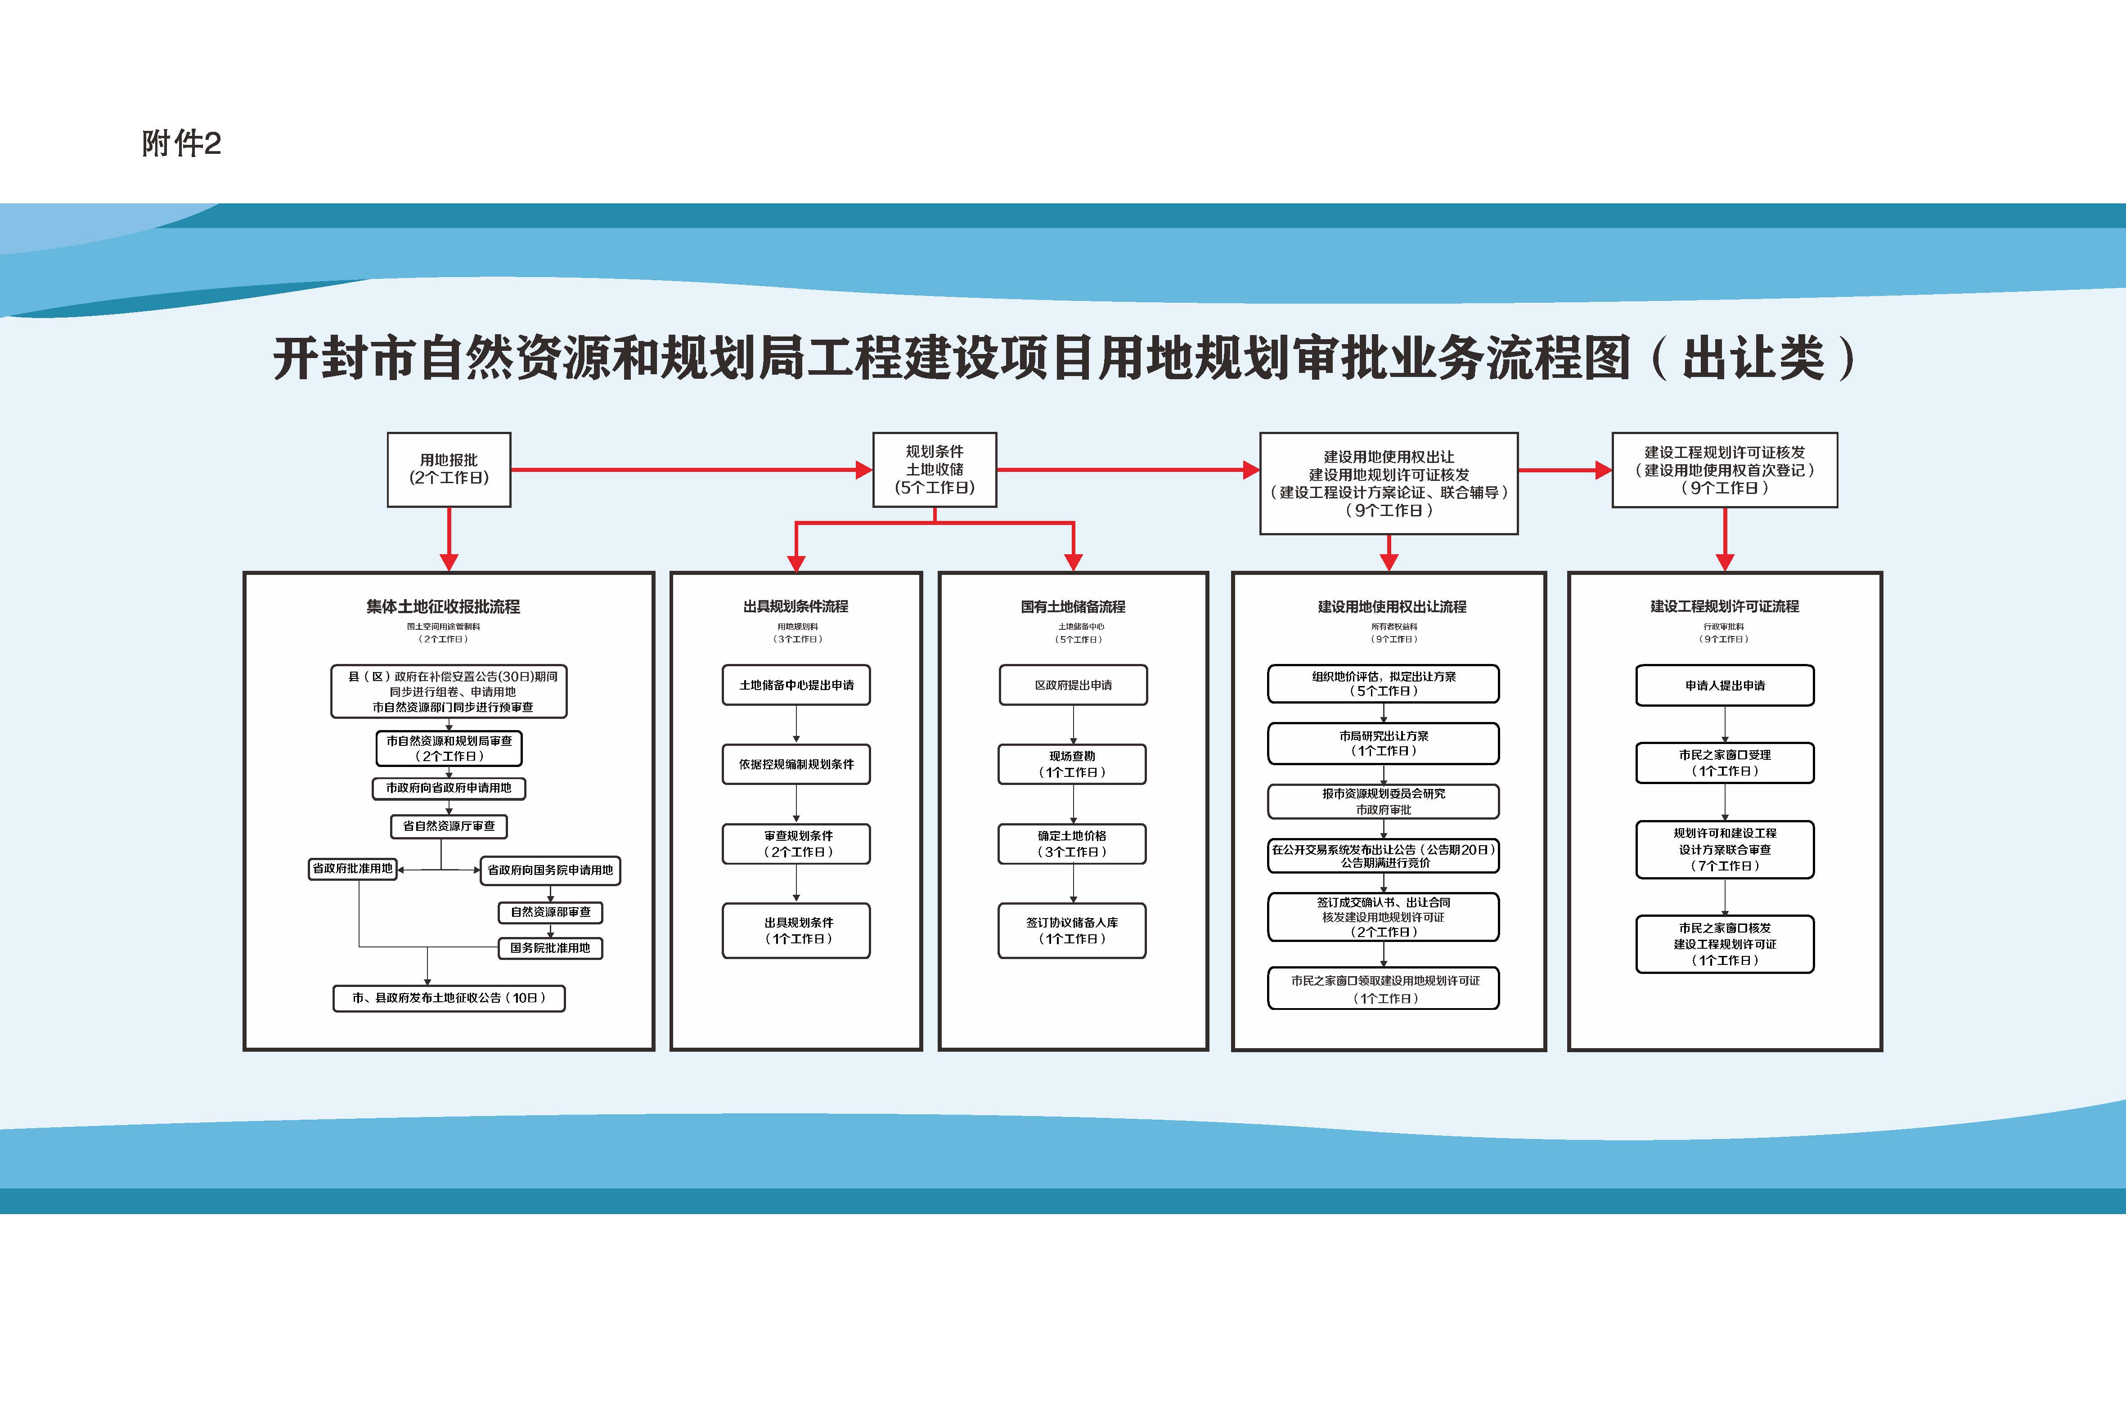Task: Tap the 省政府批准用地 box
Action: (x=352, y=869)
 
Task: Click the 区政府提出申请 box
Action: (x=1073, y=685)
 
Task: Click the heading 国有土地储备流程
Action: (x=1073, y=606)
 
